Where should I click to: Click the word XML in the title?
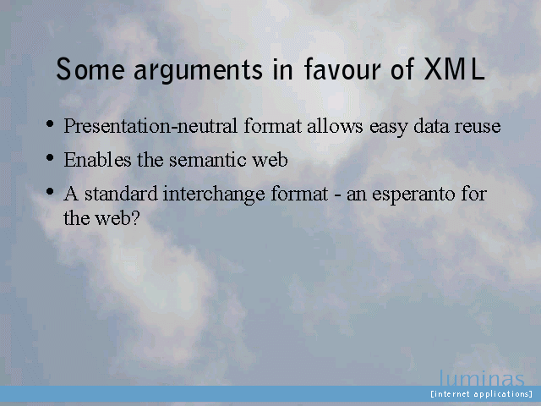tap(454, 69)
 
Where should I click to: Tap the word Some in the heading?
tap(90, 69)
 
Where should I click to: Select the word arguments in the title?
tap(199, 71)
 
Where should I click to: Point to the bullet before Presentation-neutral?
tap(50, 123)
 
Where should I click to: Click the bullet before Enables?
tap(50, 157)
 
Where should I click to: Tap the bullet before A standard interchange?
tap(50, 191)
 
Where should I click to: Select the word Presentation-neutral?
tap(150, 126)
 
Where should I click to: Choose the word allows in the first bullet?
tap(335, 126)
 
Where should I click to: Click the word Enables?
tap(97, 160)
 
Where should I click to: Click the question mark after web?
tap(135, 218)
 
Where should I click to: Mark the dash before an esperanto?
tap(338, 195)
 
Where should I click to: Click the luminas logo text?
tap(482, 378)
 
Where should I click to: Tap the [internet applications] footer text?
tap(482, 394)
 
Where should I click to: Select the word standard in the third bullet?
tap(122, 194)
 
